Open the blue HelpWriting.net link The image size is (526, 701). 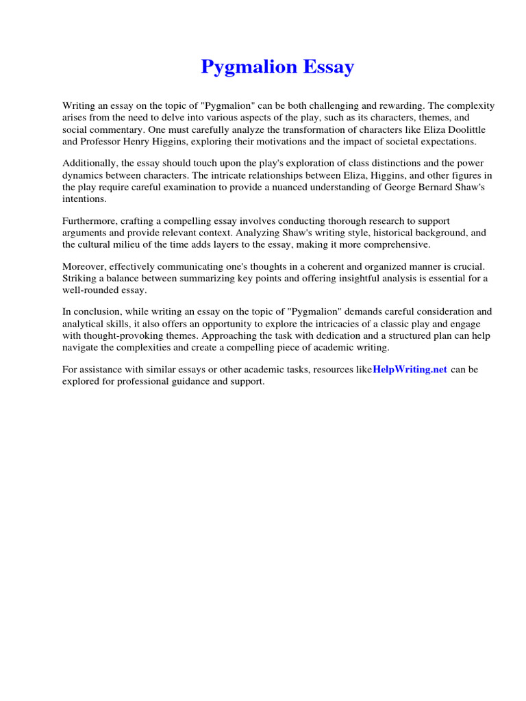click(410, 370)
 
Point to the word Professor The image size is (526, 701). click(102, 141)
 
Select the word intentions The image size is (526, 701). click(84, 199)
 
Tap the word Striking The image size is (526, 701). click(79, 278)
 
